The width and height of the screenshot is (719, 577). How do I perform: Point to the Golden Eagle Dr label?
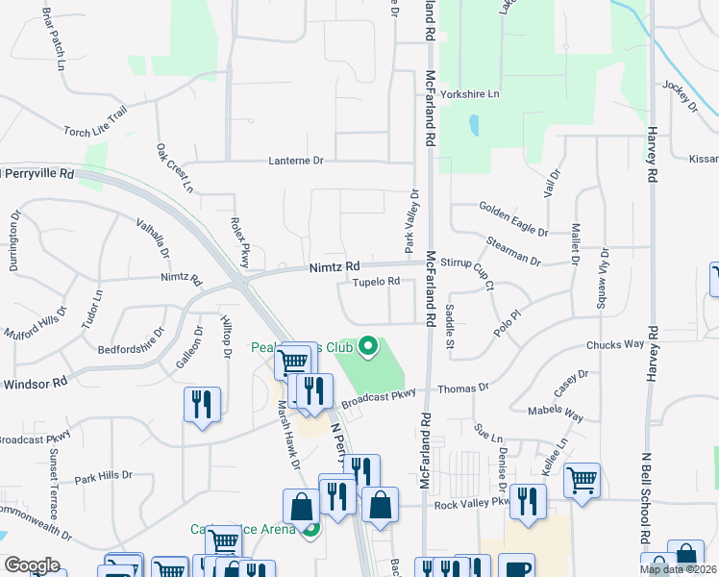pos(513,220)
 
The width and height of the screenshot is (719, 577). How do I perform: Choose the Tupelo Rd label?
pos(375,282)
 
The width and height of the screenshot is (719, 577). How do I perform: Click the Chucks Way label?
pos(614,344)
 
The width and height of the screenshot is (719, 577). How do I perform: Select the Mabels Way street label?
pos(556,414)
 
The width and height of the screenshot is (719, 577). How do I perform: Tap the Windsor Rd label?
pos(35,382)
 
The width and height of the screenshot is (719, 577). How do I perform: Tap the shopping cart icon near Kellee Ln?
pos(583,478)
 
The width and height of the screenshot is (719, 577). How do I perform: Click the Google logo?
pos(32,565)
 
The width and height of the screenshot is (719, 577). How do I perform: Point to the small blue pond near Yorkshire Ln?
pos(473,126)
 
